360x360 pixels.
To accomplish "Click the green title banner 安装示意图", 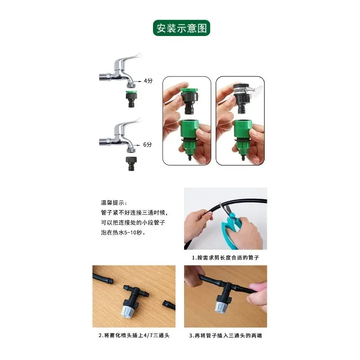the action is pos(181,28).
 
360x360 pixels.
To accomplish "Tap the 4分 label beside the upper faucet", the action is pos(148,81).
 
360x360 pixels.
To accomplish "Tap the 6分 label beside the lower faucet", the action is pos(148,144).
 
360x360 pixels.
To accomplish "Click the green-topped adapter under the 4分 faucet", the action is pos(131,99).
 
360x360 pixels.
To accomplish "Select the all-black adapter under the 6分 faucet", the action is pos(131,163).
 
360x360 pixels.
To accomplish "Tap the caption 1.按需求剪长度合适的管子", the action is pos(225,257).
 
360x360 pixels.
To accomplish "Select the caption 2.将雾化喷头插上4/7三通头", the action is pos(134,335).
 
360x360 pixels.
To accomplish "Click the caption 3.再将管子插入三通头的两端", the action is pos(225,335).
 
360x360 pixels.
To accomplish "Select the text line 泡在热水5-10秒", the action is pos(123,233).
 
